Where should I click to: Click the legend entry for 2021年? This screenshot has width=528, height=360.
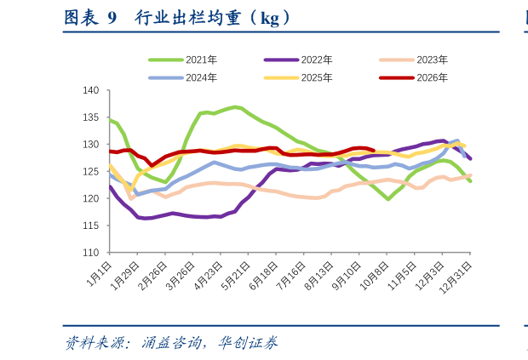coord(183,60)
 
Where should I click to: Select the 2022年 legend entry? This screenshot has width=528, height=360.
coord(298,60)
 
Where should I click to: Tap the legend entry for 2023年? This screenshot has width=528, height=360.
coord(414,60)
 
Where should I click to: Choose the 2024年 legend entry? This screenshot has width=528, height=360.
coord(183,77)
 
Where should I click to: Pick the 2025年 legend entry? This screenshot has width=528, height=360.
coord(298,77)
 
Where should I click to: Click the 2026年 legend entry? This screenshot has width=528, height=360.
coord(414,77)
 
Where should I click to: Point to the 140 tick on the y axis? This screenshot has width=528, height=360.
coord(91,90)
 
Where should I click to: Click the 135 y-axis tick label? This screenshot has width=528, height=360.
coord(91,117)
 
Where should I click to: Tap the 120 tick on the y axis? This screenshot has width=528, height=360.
coord(91,198)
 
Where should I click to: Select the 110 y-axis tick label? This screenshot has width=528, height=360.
coord(91,252)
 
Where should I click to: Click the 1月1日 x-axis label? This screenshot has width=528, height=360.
coord(99,274)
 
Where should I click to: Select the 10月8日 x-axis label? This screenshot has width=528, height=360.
coord(375,276)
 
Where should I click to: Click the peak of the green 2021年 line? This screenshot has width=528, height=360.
coord(235,107)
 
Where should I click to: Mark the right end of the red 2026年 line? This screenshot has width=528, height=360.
coord(374,151)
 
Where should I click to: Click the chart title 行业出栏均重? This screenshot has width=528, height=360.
coord(188,18)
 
